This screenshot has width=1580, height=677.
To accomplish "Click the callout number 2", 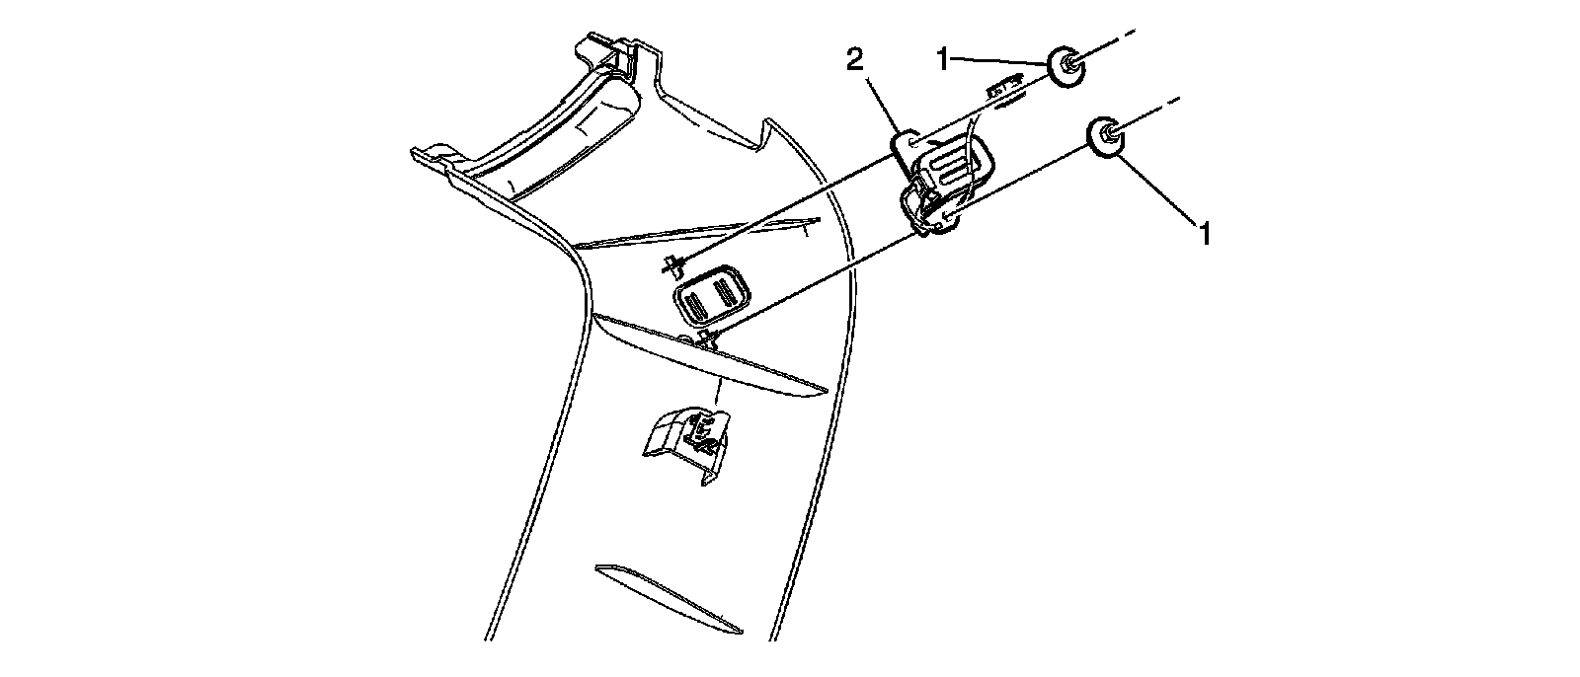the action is tap(855, 60).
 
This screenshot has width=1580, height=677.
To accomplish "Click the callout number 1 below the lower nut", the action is tap(1204, 234).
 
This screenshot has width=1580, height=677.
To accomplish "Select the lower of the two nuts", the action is tap(1106, 136).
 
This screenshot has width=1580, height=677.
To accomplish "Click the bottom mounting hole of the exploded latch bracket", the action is tap(943, 219).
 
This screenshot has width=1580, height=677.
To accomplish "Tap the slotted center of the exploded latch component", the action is tap(951, 173).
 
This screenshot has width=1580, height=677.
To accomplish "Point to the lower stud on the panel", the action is tap(705, 339).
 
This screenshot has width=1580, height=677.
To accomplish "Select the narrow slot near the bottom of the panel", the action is tap(668, 598).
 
